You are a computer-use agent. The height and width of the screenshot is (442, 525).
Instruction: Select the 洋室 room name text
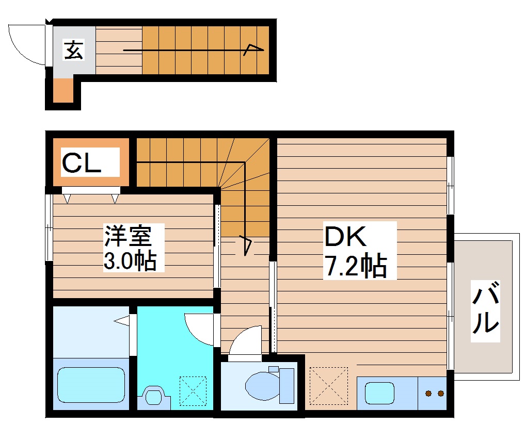(x=128, y=236)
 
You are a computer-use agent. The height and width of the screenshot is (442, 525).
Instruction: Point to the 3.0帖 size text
(x=130, y=261)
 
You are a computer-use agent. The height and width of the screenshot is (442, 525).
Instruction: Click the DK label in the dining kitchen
(x=345, y=237)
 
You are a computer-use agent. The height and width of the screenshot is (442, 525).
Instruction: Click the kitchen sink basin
(x=380, y=393)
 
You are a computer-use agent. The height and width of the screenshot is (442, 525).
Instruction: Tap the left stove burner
(x=428, y=394)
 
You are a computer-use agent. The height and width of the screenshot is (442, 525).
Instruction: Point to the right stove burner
(x=440, y=394)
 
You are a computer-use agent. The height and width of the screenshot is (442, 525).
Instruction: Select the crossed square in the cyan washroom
(x=192, y=391)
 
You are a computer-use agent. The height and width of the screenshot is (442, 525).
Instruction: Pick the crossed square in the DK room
(x=329, y=385)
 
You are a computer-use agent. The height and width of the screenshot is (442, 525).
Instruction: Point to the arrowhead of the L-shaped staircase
(x=245, y=245)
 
